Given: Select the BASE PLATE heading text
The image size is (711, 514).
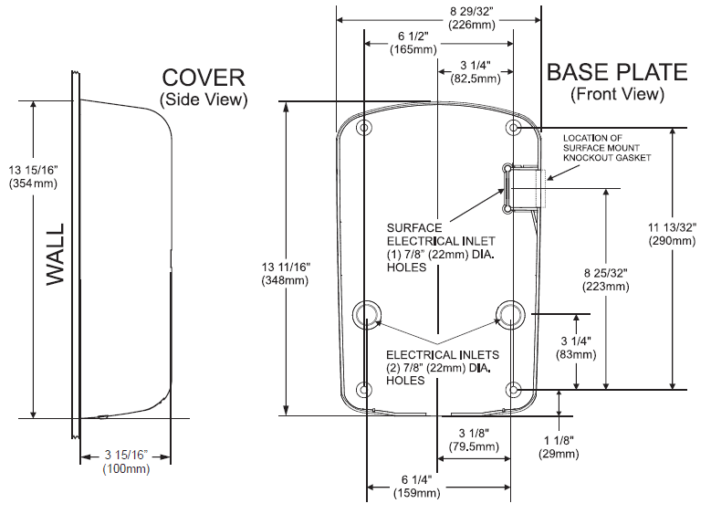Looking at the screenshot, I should (x=617, y=81).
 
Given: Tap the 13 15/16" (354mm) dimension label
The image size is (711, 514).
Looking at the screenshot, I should (x=32, y=176).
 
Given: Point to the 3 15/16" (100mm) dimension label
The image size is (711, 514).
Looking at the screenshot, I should (x=125, y=462).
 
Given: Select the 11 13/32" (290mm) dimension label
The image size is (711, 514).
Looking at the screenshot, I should (x=672, y=233).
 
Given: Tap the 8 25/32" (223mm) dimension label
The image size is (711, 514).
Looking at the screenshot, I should (x=605, y=278).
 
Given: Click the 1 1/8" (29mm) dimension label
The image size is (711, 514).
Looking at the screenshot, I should (x=558, y=446).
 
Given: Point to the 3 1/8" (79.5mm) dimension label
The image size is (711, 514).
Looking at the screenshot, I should (x=472, y=439).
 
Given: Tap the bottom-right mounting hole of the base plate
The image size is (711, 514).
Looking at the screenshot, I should (x=515, y=390).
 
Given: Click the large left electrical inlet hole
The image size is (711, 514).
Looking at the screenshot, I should (x=367, y=314).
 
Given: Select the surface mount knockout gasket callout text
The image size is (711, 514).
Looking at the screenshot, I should (x=607, y=148).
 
